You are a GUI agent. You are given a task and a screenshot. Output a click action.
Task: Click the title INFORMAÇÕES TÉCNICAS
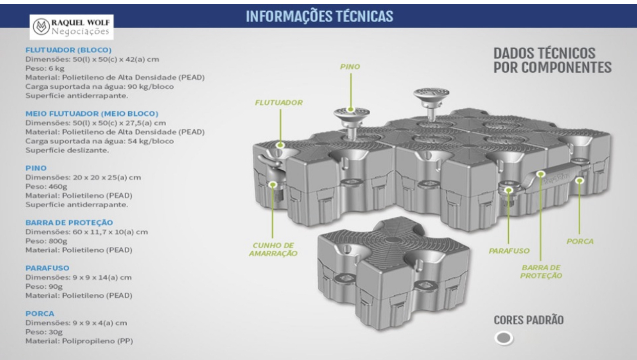click(x=320, y=16)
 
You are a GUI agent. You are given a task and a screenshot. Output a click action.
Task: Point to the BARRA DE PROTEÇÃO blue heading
click(x=69, y=223)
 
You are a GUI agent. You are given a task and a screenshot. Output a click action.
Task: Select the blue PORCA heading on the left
click(x=39, y=313)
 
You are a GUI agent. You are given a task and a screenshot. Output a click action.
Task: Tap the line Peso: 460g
click(x=46, y=186)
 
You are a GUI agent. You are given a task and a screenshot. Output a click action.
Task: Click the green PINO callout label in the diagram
click(x=350, y=66)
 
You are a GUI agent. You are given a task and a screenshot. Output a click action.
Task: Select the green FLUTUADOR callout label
click(x=278, y=103)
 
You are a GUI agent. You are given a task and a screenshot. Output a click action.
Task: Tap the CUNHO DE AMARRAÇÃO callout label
click(x=273, y=249)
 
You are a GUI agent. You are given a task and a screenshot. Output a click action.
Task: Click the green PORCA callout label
click(x=580, y=241)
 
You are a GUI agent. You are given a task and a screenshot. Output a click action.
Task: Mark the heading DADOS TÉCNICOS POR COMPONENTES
click(x=552, y=60)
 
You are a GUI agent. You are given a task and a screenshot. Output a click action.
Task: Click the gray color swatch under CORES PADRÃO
click(x=504, y=338)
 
